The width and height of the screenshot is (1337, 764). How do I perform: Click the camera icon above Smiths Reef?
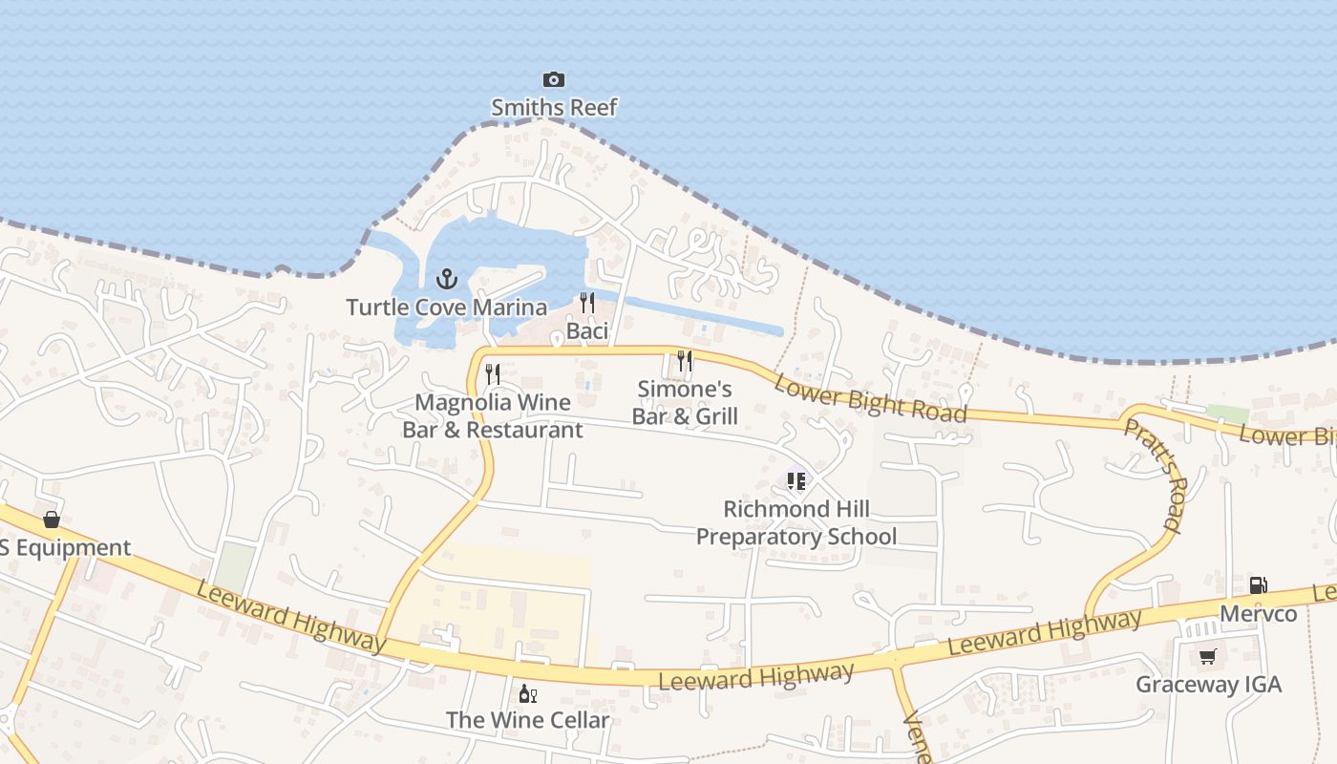point(554,79)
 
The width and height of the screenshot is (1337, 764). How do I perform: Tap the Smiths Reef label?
point(554,107)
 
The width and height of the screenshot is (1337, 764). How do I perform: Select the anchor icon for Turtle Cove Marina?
point(447,279)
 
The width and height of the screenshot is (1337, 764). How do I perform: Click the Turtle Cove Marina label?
point(447,308)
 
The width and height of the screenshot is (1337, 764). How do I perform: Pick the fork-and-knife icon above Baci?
point(587,302)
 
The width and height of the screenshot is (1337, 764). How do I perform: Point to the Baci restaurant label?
point(587,331)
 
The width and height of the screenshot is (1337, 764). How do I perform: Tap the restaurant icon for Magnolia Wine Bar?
point(493,373)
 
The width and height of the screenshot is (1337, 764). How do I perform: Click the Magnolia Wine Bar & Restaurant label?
point(493,416)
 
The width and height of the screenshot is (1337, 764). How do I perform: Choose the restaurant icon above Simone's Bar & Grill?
point(685,360)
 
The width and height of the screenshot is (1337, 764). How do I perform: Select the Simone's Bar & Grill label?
point(685,402)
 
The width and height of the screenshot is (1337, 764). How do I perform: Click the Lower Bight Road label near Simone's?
point(870,397)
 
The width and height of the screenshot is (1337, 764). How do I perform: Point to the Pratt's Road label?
point(1152,475)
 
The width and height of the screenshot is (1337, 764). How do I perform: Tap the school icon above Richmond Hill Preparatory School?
point(796,480)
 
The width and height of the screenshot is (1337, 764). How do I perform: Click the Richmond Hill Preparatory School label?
point(796,522)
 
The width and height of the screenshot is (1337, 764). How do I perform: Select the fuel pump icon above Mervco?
point(1259,584)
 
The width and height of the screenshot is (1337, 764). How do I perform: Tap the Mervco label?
point(1259,613)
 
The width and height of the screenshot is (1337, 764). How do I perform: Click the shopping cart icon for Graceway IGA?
point(1208,656)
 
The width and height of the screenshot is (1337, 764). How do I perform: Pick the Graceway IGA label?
point(1208,685)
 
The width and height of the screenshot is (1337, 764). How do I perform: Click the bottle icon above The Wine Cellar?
point(527,693)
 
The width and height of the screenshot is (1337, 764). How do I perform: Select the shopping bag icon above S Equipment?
point(52,520)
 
